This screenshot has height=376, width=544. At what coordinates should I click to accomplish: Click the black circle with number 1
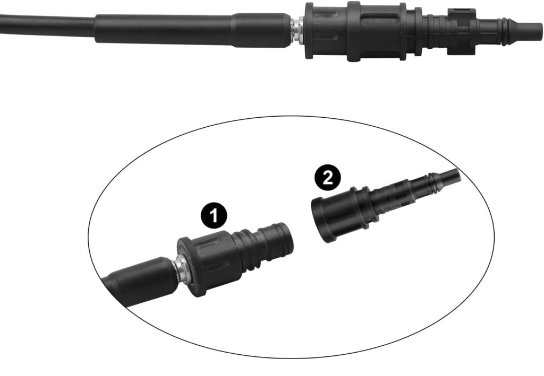(x=214, y=215)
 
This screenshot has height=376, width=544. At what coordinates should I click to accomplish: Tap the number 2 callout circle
(x=327, y=178)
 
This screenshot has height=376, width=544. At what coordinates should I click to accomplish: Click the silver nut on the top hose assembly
(x=297, y=30)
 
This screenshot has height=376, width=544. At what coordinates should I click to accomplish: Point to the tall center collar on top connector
(x=353, y=31)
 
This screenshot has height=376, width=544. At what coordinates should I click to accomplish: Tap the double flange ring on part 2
(x=359, y=208)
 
